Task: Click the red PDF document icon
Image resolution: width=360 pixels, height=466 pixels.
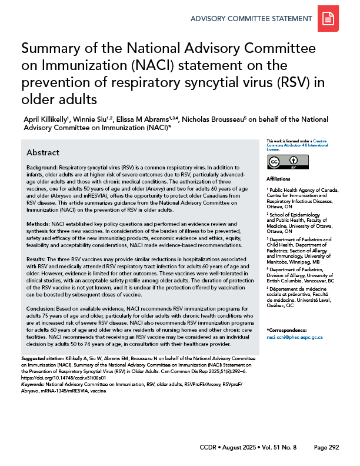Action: pyautogui.click(x=328, y=21)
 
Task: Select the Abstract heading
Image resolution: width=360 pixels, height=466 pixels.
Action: pyautogui.click(x=42, y=152)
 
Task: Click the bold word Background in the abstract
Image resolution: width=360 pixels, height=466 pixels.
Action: pyautogui.click(x=41, y=168)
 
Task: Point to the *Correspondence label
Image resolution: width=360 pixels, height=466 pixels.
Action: pyautogui.click(x=288, y=331)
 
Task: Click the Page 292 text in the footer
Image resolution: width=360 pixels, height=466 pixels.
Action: pyautogui.click(x=326, y=448)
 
